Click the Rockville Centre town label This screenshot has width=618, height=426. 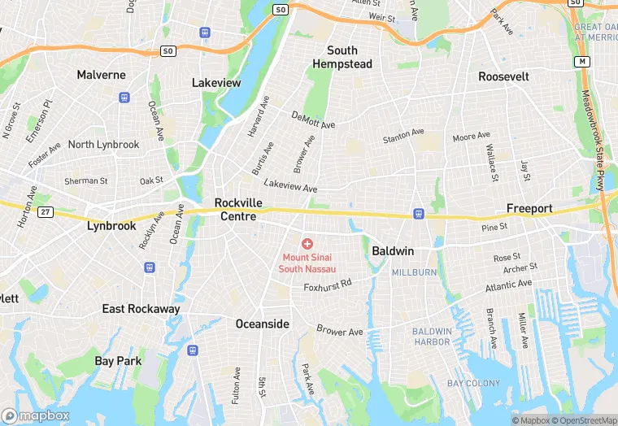(235, 210)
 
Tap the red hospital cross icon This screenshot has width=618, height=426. (307, 244)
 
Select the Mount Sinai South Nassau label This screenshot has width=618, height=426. (307, 263)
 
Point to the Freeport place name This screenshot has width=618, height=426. (529, 209)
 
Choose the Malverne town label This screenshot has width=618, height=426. (102, 75)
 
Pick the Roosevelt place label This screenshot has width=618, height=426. (503, 76)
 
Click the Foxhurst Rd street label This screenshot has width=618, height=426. (327, 285)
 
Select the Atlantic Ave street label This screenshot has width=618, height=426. (508, 286)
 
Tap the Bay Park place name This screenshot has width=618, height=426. (118, 361)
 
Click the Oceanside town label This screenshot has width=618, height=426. (262, 324)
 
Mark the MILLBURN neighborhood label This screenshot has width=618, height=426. (415, 272)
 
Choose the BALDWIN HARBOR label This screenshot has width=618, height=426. (431, 337)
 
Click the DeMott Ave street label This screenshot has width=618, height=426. (313, 120)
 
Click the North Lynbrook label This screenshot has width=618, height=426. (103, 145)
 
